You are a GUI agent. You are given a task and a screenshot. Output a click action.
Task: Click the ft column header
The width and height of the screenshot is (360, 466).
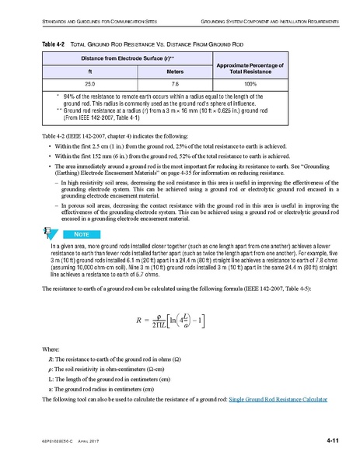click(90, 71)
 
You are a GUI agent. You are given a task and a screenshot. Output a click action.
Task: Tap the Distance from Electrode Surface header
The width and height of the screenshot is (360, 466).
click(131, 58)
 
